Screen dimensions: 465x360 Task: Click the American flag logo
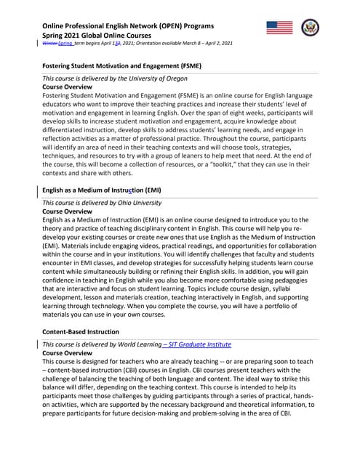tap(280, 28)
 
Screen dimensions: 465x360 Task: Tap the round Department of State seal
tap(311, 28)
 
